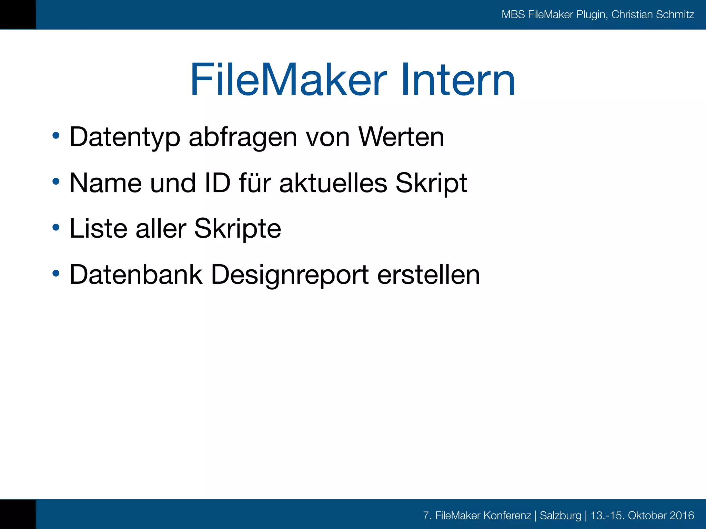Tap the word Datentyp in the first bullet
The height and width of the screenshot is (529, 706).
coord(125,137)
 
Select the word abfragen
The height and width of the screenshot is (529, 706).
coord(243,137)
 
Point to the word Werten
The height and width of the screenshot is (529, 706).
coord(401,137)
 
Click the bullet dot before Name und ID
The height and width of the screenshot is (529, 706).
coord(56,181)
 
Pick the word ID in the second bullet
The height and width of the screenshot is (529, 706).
coord(217,183)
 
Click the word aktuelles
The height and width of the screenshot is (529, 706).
coord(333,183)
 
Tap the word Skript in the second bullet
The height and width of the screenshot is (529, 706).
coord(431,184)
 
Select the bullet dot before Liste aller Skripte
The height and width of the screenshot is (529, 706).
coord(56,227)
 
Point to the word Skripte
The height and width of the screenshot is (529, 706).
coord(238,229)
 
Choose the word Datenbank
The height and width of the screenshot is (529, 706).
coord(136,274)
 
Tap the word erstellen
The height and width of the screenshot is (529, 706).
coord(428,274)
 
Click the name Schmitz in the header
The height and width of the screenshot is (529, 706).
coord(675,14)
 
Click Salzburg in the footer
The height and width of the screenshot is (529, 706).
coord(560,515)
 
